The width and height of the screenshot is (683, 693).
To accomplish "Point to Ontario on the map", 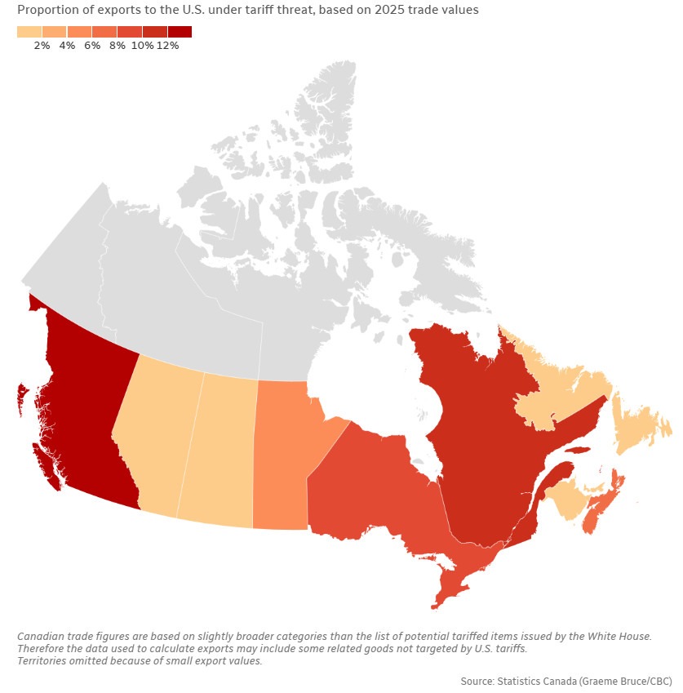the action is [x=375, y=495].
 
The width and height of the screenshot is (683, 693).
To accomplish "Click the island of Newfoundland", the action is [x=641, y=425].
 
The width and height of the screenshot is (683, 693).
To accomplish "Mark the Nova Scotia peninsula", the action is [x=601, y=504].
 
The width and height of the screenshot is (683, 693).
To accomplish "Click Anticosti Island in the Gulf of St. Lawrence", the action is [x=577, y=451].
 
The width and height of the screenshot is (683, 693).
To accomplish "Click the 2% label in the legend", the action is [x=42, y=46].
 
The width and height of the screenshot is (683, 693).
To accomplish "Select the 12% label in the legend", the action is [x=167, y=46].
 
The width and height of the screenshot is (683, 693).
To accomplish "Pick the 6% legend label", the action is [x=92, y=46].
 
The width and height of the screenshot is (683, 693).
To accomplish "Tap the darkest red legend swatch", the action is [x=180, y=32].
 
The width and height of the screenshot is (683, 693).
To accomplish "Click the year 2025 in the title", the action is [x=388, y=10].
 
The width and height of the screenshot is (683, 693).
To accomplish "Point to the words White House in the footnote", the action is [x=619, y=636].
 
